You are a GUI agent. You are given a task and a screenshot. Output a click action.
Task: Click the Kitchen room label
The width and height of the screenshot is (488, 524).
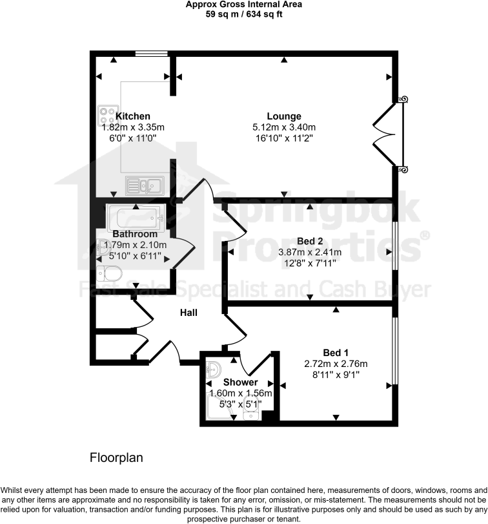(133, 116)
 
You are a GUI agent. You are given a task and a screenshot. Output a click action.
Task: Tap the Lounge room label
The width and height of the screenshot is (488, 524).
(284, 116)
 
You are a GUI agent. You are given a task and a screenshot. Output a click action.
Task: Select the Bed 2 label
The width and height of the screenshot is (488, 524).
(310, 240)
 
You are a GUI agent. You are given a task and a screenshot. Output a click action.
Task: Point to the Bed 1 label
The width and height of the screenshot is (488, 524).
(336, 353)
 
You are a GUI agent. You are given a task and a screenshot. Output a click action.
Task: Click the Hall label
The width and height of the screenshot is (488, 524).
(188, 313)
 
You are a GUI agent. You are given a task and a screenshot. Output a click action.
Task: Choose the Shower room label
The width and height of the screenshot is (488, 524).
(241, 383)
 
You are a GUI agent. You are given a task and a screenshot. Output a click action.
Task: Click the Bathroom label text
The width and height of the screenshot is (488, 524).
(135, 234)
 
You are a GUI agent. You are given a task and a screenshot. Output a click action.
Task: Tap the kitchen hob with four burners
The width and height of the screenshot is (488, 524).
(106, 115)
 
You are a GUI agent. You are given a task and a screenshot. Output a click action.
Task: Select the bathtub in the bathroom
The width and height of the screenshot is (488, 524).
(136, 216)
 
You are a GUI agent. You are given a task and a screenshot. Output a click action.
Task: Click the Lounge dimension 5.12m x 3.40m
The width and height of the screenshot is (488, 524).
(284, 127)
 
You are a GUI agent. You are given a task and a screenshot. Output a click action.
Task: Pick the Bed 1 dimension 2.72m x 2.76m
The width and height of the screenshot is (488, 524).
(336, 364)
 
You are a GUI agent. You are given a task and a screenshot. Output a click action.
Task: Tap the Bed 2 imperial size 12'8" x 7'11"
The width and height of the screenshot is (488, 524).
(310, 263)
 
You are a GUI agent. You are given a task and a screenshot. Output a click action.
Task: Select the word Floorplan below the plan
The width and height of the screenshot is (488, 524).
(116, 457)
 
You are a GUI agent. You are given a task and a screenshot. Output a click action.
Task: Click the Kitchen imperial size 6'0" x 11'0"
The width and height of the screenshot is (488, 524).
(133, 138)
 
